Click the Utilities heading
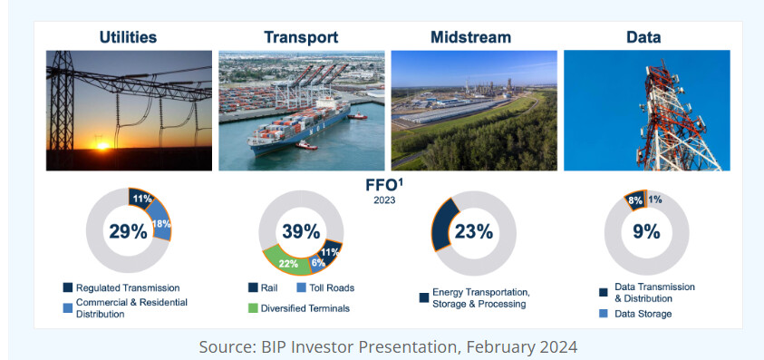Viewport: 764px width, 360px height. (128, 37)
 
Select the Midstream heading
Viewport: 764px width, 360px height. (470, 37)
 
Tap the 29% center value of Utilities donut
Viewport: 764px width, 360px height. (128, 231)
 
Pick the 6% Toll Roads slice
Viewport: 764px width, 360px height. (318, 263)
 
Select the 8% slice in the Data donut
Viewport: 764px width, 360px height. (635, 200)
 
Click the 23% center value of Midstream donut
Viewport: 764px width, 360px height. (474, 231)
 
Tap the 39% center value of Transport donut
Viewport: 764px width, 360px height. (301, 231)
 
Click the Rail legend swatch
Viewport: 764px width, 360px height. (253, 287)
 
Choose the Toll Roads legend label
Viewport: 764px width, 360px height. (333, 287)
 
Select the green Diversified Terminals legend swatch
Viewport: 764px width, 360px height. (253, 308)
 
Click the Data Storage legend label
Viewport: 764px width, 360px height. (643, 314)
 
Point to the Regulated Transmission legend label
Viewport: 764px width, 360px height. (128, 287)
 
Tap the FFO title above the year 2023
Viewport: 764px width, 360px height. (384, 185)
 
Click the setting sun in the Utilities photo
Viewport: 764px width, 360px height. (102, 145)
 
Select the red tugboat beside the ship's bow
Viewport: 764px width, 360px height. (306, 145)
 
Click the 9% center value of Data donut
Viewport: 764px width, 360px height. (646, 231)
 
